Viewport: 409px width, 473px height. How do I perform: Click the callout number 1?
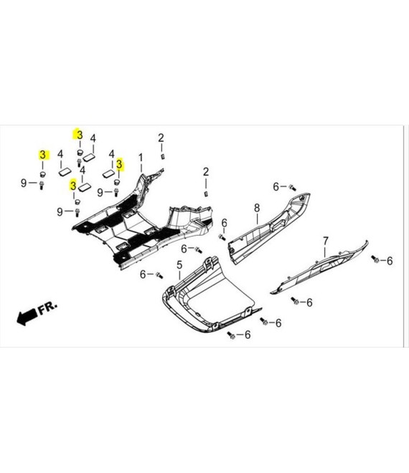click(x=141, y=158)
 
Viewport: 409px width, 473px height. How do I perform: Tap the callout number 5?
click(x=179, y=265)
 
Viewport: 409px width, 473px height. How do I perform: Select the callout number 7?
click(x=325, y=241)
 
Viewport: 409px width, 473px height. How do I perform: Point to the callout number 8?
click(x=257, y=208)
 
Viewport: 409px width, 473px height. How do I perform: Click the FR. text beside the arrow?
click(x=47, y=307)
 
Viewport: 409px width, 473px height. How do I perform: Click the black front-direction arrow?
click(x=27, y=317)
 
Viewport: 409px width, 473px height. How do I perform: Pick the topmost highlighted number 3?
click(x=80, y=135)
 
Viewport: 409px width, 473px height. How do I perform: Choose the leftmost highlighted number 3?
click(x=42, y=155)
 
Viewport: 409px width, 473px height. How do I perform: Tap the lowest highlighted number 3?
click(x=72, y=185)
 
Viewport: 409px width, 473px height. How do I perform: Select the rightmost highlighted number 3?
click(x=119, y=164)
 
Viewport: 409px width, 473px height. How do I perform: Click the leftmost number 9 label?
click(x=24, y=183)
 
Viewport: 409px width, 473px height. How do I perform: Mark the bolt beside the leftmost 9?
click(x=42, y=185)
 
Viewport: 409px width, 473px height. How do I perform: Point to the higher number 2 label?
click(x=161, y=138)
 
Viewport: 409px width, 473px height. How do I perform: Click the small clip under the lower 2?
click(x=207, y=193)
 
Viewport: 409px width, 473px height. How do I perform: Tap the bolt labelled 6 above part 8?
click(x=293, y=188)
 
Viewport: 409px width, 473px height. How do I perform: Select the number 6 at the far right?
click(x=390, y=261)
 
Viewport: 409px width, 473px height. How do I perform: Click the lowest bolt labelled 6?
click(x=231, y=335)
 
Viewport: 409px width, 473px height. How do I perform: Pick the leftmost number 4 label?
click(x=60, y=154)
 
